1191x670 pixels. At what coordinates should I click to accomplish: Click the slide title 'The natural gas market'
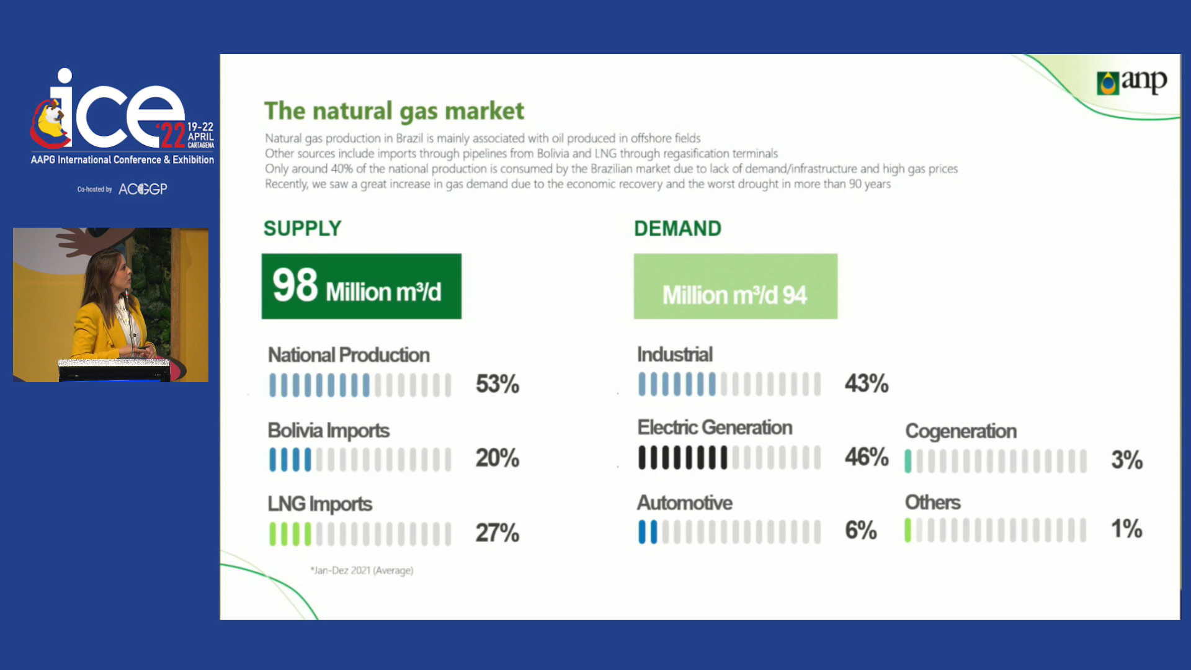[x=394, y=111]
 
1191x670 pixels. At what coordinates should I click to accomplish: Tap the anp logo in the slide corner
[x=1131, y=82]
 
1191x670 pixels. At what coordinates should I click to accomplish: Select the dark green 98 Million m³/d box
[x=362, y=286]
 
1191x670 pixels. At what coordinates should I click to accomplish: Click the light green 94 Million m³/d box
[x=736, y=286]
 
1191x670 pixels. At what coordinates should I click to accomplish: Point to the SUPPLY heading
[x=303, y=228]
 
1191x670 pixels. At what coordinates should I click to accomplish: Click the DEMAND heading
[x=677, y=228]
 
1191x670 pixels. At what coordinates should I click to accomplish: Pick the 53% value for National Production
[x=497, y=384]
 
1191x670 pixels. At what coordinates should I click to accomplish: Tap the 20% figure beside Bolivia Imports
[x=497, y=458]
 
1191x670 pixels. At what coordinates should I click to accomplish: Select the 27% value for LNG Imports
[x=497, y=533]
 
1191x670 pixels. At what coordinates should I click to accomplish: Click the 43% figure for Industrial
[x=867, y=383]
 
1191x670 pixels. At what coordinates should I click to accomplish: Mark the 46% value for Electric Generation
[x=867, y=457]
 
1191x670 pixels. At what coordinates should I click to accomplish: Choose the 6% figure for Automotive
[x=861, y=530]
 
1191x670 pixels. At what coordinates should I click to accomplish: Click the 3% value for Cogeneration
[x=1126, y=460]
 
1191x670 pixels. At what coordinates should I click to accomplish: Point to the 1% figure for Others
[x=1126, y=529]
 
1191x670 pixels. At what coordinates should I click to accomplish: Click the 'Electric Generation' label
[x=715, y=427]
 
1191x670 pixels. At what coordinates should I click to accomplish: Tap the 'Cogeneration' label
[x=961, y=431]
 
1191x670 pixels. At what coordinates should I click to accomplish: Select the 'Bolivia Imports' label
[x=329, y=431]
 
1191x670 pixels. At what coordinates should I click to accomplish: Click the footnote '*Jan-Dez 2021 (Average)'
[x=362, y=570]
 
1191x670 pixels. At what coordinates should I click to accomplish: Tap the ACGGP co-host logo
[x=143, y=189]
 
